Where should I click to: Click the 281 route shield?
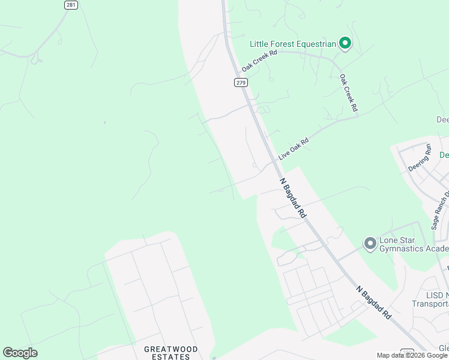point(71,5)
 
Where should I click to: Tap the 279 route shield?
point(241,82)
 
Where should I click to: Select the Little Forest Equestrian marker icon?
point(345,43)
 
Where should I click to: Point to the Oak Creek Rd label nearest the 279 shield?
point(259,61)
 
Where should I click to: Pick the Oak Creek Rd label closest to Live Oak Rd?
point(348,93)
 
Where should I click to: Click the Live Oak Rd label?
point(294,149)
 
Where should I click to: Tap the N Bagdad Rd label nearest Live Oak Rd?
point(292,197)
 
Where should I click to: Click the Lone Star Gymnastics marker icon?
point(370,244)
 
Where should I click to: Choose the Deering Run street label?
point(420,158)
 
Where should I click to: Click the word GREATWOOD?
point(170,349)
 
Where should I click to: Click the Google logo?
point(20,353)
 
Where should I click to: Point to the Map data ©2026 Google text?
point(412,355)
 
